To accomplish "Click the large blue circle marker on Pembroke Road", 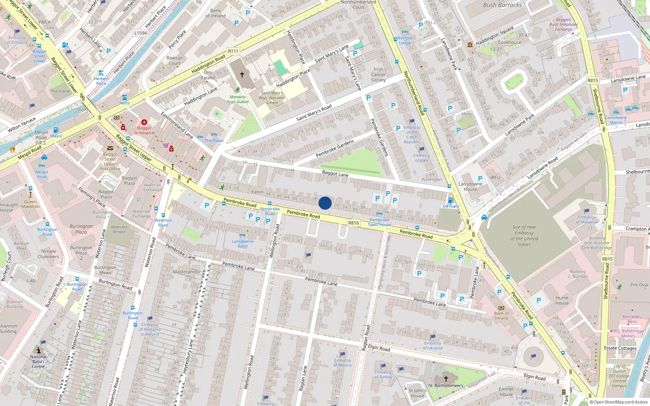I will coord(325,203).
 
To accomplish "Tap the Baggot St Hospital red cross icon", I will coord(144,122).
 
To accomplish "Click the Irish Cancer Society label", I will coord(378,75).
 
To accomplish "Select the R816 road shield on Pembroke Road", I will coord(353,223).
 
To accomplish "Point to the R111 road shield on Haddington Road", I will coord(233,51).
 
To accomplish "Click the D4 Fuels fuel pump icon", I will coord(450,201).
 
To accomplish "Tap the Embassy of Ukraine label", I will coord(433,346).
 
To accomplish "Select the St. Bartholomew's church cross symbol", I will coord(446,378).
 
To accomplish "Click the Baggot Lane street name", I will coord(335,173).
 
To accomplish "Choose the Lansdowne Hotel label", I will coord(243,244).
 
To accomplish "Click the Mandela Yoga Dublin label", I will coord(237,99).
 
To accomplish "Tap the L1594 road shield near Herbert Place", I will coord(141,33).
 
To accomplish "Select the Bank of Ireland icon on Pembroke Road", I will coord(501,308).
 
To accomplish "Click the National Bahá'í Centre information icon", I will coord(39,350).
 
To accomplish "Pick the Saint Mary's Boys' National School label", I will coord(272,98).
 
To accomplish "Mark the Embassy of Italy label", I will coord(422,158).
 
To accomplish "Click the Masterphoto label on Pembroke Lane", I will coord(186,272).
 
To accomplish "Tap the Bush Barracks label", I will coord(502,5).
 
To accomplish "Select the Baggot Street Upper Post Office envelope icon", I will coord(110,148).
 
